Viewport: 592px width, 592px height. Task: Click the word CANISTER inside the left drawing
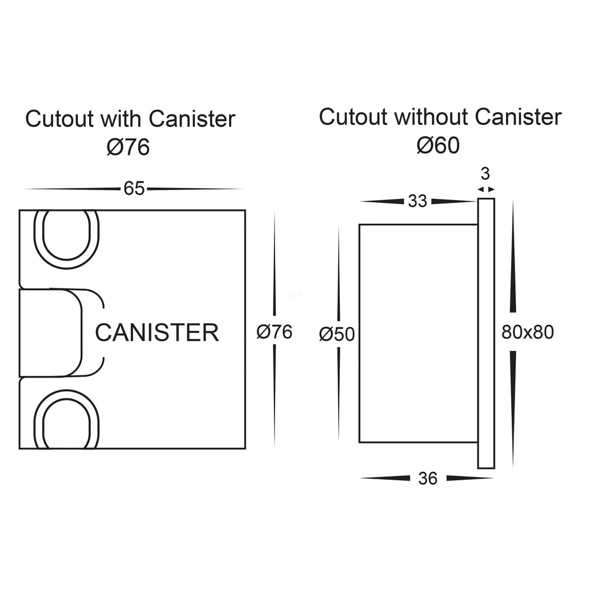(157, 332)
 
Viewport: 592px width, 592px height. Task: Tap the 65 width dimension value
(134, 189)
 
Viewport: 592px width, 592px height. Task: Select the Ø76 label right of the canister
(275, 332)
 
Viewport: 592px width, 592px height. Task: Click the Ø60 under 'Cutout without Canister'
(438, 145)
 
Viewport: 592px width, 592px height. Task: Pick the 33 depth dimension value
(417, 201)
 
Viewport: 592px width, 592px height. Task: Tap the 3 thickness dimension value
(485, 173)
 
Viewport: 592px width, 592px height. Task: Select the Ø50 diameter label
(337, 334)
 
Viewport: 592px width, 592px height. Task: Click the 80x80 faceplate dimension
(527, 332)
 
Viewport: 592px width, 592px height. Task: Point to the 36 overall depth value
(428, 478)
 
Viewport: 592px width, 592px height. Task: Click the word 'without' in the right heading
(431, 117)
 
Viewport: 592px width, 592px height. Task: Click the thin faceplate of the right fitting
(486, 334)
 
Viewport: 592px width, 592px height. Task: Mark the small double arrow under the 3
(486, 189)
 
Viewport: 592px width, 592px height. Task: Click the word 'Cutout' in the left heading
(60, 119)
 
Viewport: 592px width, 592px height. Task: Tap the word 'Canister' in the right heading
(518, 117)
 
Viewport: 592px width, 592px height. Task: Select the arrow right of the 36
(470, 478)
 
